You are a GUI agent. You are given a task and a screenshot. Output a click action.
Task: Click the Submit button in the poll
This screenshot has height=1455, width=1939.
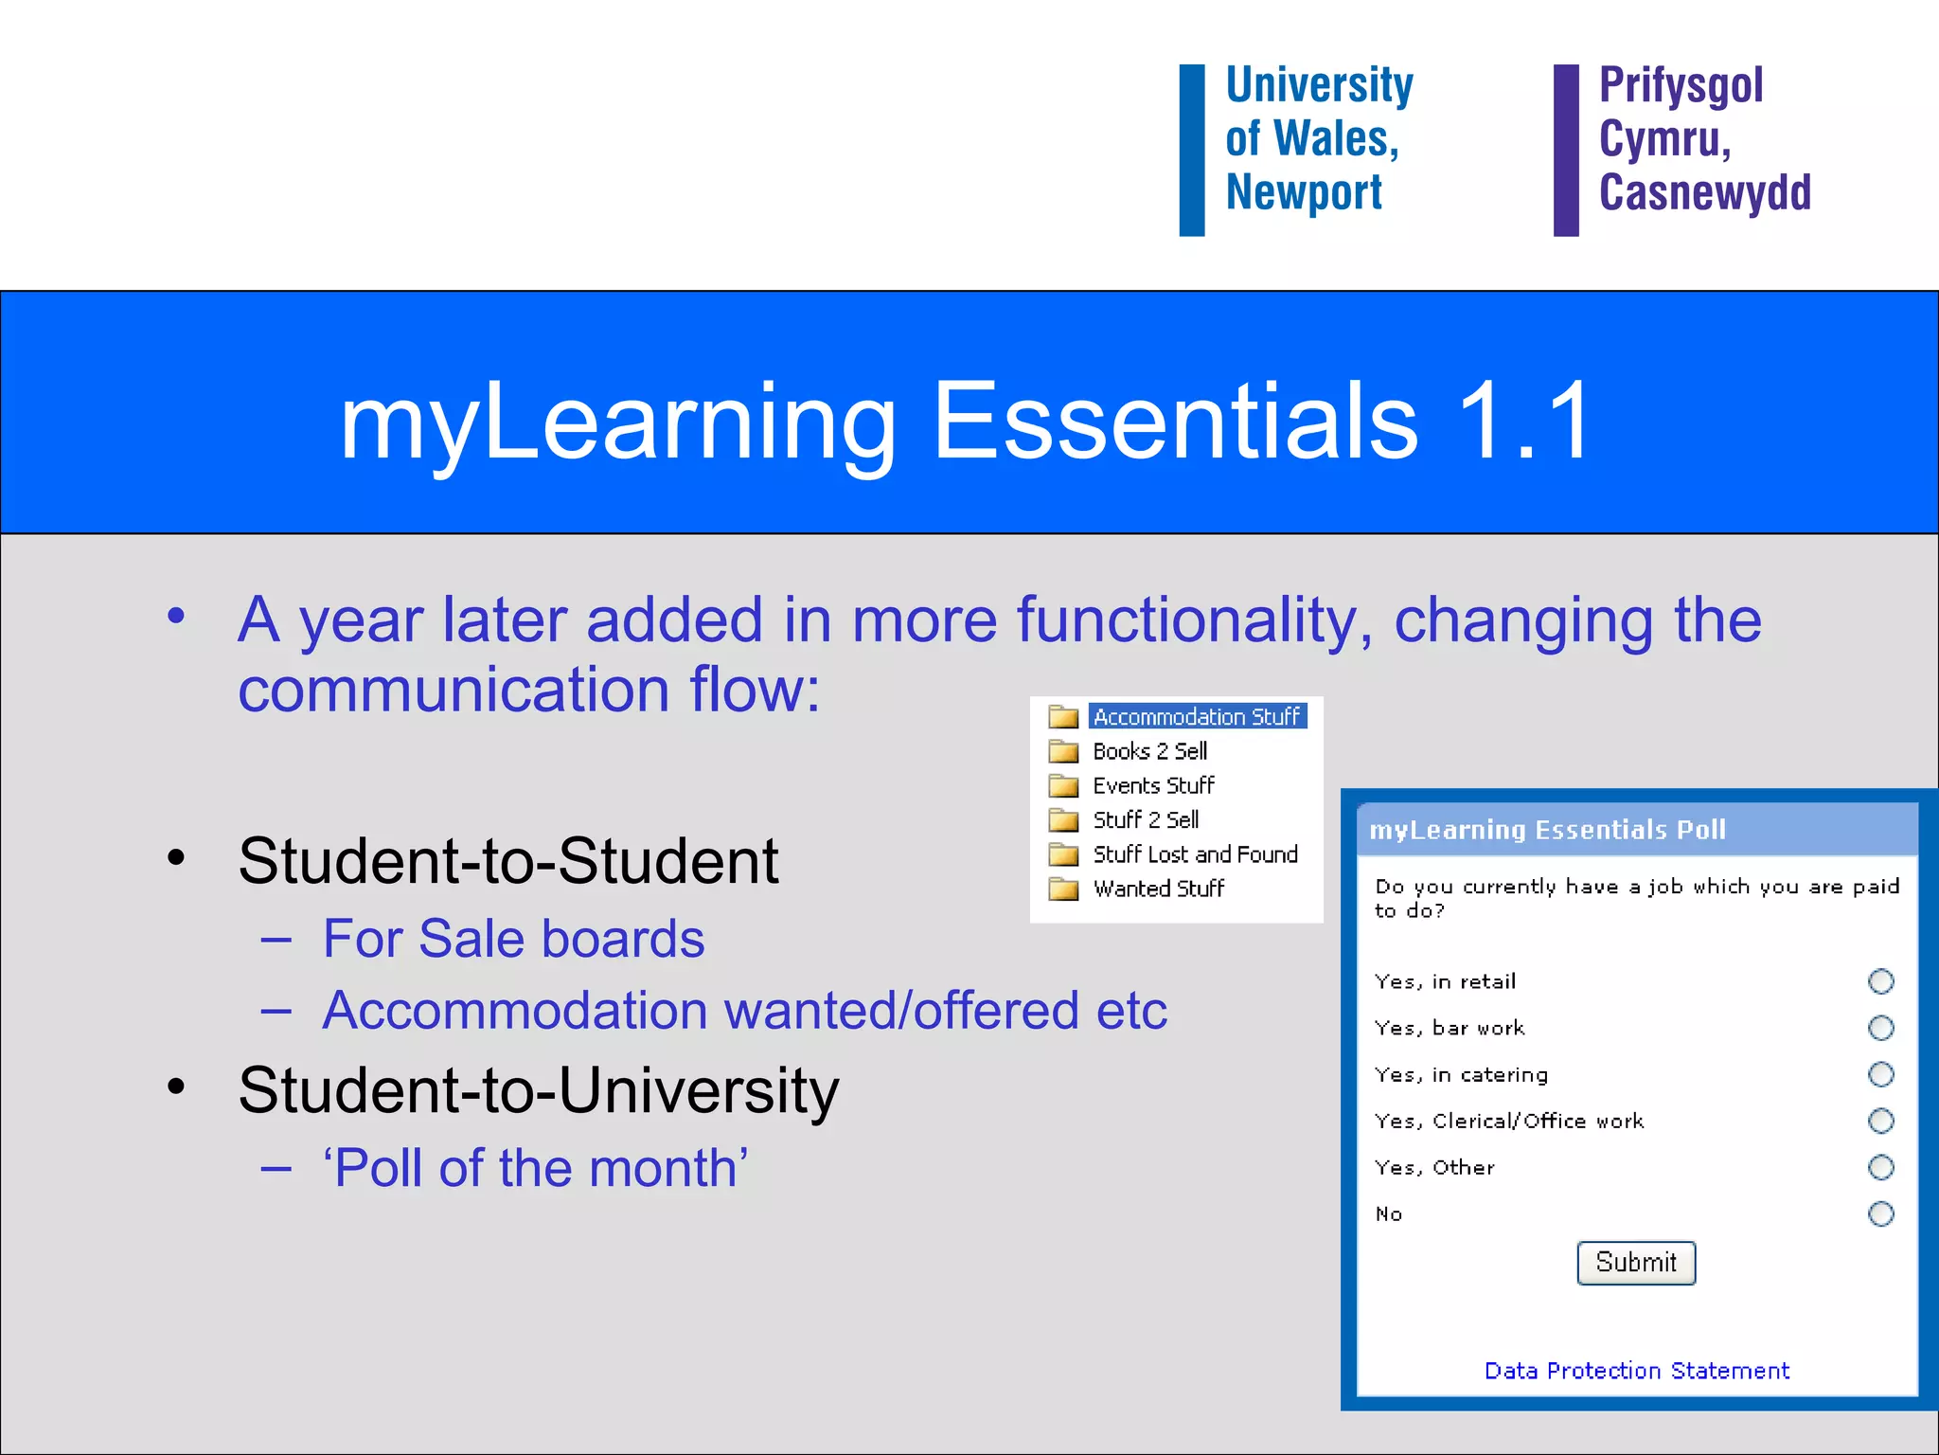pyautogui.click(x=1635, y=1263)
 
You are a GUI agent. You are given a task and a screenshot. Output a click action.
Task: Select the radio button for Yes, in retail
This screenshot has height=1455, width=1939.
pyautogui.click(x=1880, y=981)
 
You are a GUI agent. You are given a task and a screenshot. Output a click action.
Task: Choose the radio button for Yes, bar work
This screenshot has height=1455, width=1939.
pyautogui.click(x=1880, y=1028)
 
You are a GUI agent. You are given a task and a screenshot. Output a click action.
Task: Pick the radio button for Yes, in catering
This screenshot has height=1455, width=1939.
pyautogui.click(x=1880, y=1074)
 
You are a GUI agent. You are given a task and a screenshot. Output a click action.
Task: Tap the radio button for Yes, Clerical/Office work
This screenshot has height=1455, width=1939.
pyautogui.click(x=1880, y=1121)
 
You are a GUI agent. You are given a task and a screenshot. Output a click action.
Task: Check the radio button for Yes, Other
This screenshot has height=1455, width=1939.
pyautogui.click(x=1880, y=1167)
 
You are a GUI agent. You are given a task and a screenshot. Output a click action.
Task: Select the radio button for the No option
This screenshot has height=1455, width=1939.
pyautogui.click(x=1880, y=1213)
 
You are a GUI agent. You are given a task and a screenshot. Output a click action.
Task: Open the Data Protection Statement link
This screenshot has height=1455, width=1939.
pyautogui.click(x=1636, y=1371)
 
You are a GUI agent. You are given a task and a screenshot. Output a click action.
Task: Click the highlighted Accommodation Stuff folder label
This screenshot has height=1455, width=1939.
pyautogui.click(x=1197, y=717)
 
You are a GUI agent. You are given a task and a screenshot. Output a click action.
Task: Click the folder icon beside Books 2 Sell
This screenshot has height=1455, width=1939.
pyautogui.click(x=1063, y=751)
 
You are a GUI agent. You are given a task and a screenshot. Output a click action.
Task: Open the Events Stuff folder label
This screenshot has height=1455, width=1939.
pyautogui.click(x=1153, y=785)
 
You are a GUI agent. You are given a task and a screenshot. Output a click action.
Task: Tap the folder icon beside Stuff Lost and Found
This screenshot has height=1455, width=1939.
pyautogui.click(x=1063, y=854)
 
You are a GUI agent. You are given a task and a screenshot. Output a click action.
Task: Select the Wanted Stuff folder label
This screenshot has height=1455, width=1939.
pyautogui.click(x=1159, y=889)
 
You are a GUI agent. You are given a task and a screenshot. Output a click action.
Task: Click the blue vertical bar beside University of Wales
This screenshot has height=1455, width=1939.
pyautogui.click(x=1192, y=150)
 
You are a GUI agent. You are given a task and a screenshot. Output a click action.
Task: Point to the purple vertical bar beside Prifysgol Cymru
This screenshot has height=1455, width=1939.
pyautogui.click(x=1566, y=150)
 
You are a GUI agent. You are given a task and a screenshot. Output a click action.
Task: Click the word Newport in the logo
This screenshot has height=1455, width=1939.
pyautogui.click(x=1304, y=193)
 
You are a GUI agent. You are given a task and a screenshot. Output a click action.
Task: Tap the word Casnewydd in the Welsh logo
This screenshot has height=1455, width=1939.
pyautogui.click(x=1704, y=193)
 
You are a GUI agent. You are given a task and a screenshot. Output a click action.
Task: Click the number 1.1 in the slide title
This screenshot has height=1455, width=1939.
pyautogui.click(x=1524, y=421)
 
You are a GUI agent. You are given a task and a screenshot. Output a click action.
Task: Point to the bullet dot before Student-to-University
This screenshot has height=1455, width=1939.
pyautogui.click(x=176, y=1087)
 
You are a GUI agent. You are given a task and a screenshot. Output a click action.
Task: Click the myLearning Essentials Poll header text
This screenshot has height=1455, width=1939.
pyautogui.click(x=1547, y=831)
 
